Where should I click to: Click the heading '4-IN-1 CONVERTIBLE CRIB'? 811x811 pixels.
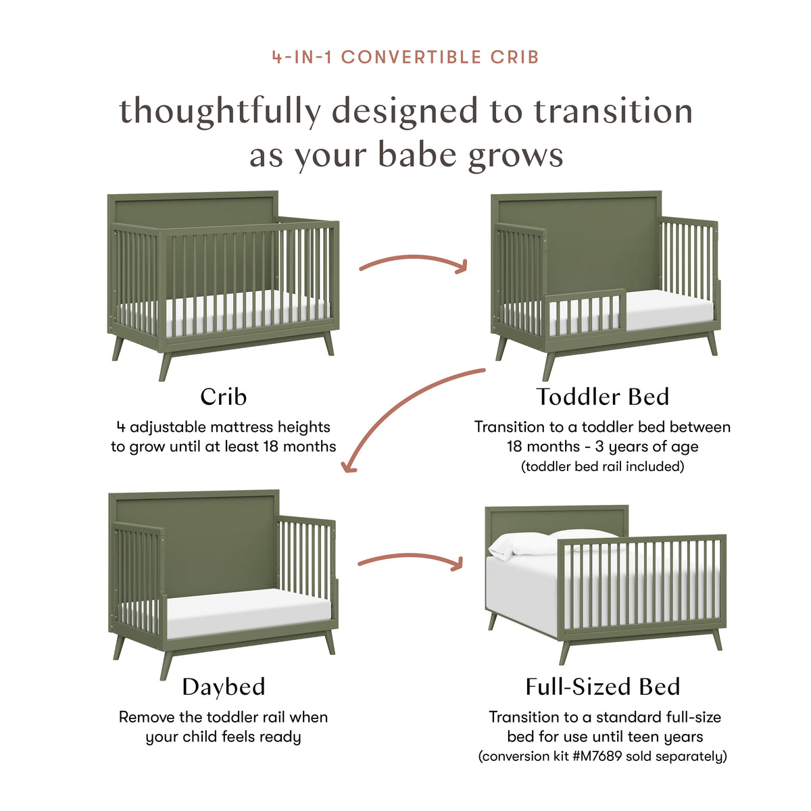point(405,57)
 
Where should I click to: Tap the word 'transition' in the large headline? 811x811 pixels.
point(613,112)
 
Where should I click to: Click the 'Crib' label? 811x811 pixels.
point(224,397)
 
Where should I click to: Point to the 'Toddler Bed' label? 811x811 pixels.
point(602,397)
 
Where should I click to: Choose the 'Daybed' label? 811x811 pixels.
point(224,687)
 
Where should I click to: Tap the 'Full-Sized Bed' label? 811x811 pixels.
point(602,687)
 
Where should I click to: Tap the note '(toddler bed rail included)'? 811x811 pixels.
point(602,466)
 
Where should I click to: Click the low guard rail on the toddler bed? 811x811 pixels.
point(585,311)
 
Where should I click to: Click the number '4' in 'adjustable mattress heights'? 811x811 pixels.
point(122,427)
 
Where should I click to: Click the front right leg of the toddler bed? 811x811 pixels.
point(711,343)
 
